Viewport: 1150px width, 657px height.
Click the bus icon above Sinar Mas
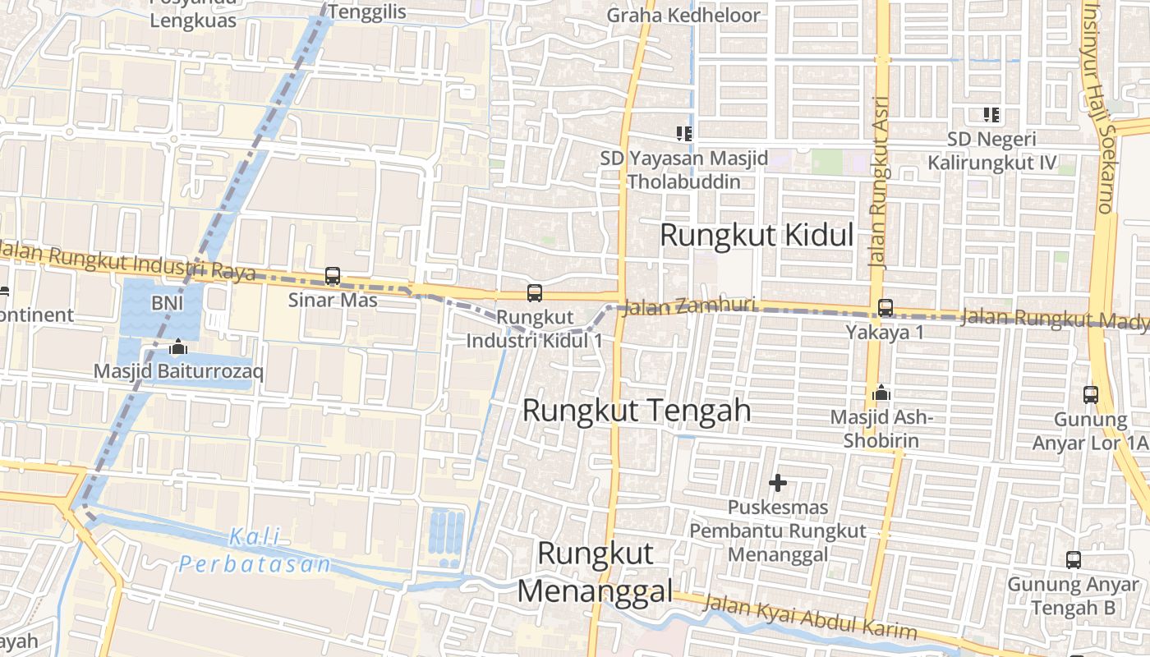333,276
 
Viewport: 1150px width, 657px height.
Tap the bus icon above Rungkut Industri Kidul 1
535,292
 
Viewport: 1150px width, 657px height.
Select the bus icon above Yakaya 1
885,308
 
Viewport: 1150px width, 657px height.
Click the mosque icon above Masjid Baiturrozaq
178,347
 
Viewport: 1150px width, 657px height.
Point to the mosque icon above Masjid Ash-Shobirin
881,393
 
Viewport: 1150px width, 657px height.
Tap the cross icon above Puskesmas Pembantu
778,483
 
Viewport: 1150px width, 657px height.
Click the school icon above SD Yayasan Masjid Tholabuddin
683,132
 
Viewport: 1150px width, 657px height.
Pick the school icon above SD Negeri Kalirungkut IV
991,114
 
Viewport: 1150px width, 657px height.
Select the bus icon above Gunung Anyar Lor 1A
1091,395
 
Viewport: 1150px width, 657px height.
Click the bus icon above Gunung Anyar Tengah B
1074,560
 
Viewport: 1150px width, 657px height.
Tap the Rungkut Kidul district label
757,236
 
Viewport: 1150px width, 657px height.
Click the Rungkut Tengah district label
637,410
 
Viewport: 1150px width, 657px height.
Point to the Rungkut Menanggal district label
596,572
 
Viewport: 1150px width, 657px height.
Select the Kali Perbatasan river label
255,551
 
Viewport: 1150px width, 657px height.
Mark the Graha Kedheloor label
683,16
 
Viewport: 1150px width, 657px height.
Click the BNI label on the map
167,303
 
